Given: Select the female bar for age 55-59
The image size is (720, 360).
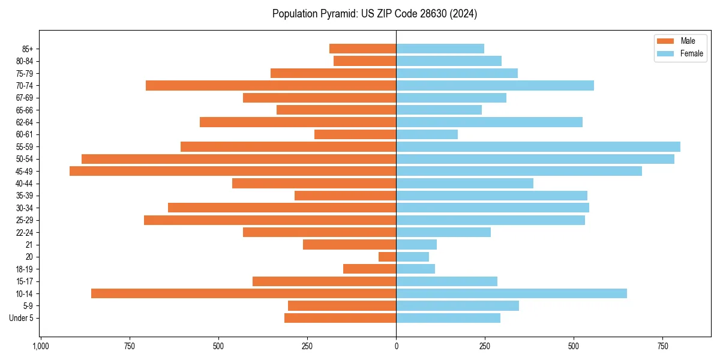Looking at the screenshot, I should coord(538,146).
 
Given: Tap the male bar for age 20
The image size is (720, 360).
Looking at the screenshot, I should coord(388,257).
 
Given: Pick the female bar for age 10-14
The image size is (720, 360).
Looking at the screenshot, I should coord(511,293).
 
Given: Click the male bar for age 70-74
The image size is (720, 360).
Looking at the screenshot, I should coord(271,85).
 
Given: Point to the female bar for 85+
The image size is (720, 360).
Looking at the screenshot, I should coord(440,49).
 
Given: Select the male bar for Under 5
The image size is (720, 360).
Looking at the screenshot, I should coord(340,318).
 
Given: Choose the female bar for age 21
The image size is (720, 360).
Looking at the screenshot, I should coord(416,244).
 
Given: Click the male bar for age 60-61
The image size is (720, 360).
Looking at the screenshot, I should coord(355,134).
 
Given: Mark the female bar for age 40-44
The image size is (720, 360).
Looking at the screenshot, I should coord(464,183).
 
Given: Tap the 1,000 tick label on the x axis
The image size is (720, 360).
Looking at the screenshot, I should coord(40,346).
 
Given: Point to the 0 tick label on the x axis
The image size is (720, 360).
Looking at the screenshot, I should coord(396,346).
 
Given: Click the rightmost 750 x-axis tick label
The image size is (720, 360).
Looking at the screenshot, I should coord(663,346).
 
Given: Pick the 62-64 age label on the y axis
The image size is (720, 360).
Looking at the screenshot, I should coord(25,122).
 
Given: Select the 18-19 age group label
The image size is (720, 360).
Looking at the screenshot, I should coord(25,269).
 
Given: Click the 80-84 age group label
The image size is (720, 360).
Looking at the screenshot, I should coord(25,61).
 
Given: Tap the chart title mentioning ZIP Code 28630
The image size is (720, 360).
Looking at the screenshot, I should coord(374,14).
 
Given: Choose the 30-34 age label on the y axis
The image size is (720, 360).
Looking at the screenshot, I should coord(25,208).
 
